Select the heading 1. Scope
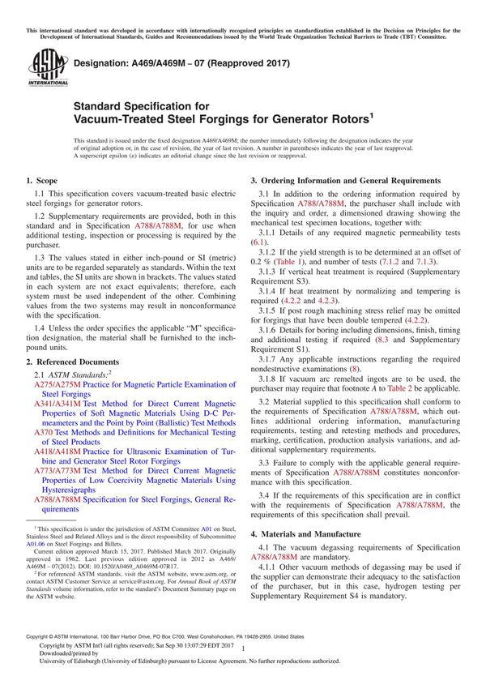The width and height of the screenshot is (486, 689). tap(41, 179)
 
